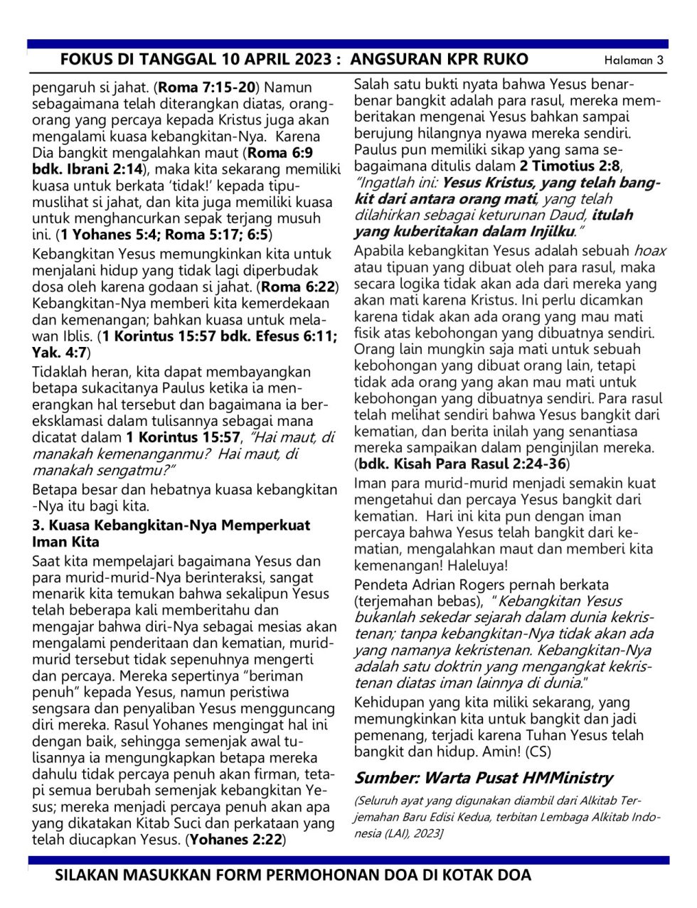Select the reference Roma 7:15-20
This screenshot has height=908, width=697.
[206, 87]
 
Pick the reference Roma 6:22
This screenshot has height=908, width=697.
[299, 287]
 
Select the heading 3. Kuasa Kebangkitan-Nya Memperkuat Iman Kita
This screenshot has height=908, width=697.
[171, 533]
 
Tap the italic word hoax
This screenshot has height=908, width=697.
[649, 250]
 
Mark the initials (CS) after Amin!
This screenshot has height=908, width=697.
[536, 752]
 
